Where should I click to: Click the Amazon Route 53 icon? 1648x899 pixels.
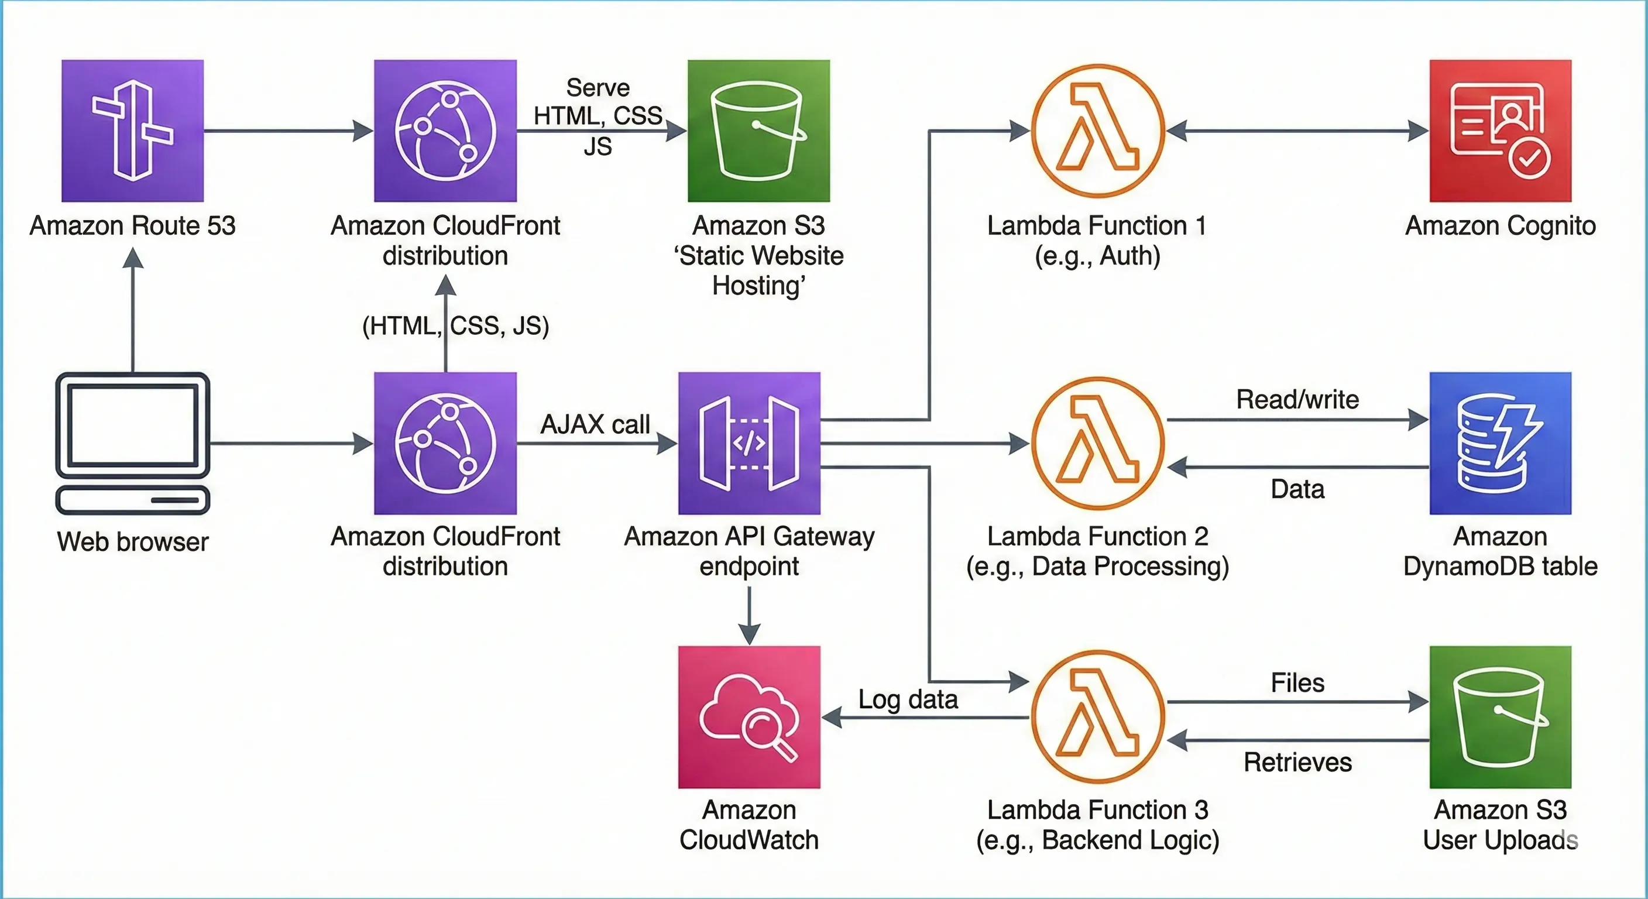coord(132,131)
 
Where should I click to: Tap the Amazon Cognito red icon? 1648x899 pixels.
coord(1500,131)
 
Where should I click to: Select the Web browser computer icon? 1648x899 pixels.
coord(132,443)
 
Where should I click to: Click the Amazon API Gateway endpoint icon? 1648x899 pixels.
coord(749,443)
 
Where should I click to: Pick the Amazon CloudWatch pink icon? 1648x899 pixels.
coord(749,716)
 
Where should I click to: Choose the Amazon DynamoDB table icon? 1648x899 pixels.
coord(1500,443)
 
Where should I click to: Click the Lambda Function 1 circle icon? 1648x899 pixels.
coord(1098,131)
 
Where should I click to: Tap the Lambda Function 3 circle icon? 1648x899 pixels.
coord(1098,716)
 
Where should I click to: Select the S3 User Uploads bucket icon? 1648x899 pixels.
coord(1500,716)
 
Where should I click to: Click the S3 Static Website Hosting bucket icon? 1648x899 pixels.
coord(758,131)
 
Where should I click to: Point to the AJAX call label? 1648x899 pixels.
coord(595,424)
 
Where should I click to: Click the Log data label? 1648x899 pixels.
coord(908,699)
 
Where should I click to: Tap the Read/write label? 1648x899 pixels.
coord(1297,399)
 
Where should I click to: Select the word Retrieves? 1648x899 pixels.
coord(1297,762)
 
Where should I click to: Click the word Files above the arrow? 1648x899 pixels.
coord(1297,682)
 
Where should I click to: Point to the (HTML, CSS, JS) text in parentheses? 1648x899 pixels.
coord(455,325)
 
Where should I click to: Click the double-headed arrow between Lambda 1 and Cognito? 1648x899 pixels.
coord(1297,131)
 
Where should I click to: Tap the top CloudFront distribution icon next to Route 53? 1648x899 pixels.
coord(445,131)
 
